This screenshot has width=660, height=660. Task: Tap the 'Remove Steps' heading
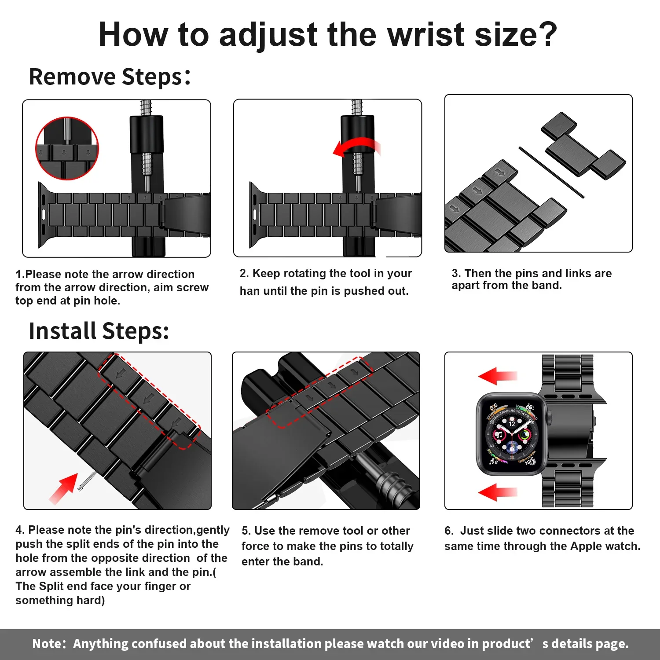(110, 77)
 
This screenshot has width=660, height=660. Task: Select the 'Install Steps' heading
(99, 331)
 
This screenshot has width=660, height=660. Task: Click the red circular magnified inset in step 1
(67, 149)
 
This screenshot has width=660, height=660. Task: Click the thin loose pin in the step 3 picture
(551, 172)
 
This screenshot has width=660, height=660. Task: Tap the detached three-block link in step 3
(583, 145)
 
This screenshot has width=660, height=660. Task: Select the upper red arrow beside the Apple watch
(498, 376)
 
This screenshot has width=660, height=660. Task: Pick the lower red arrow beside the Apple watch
(498, 492)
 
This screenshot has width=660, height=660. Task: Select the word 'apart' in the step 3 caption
(466, 286)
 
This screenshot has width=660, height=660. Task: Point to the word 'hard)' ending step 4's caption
(91, 600)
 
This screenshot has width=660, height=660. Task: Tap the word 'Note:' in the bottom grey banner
(49, 644)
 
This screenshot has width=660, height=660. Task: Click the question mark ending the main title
(549, 34)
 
